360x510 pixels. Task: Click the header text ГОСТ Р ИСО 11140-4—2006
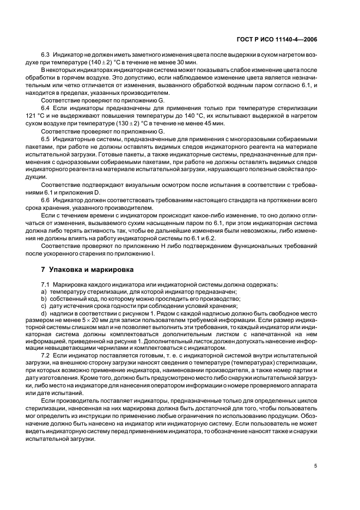(x=277, y=39)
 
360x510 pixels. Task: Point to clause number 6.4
(x=46, y=109)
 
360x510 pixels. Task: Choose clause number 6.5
(x=46, y=139)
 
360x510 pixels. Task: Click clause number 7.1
(x=46, y=285)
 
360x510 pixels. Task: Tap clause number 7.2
(x=46, y=355)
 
